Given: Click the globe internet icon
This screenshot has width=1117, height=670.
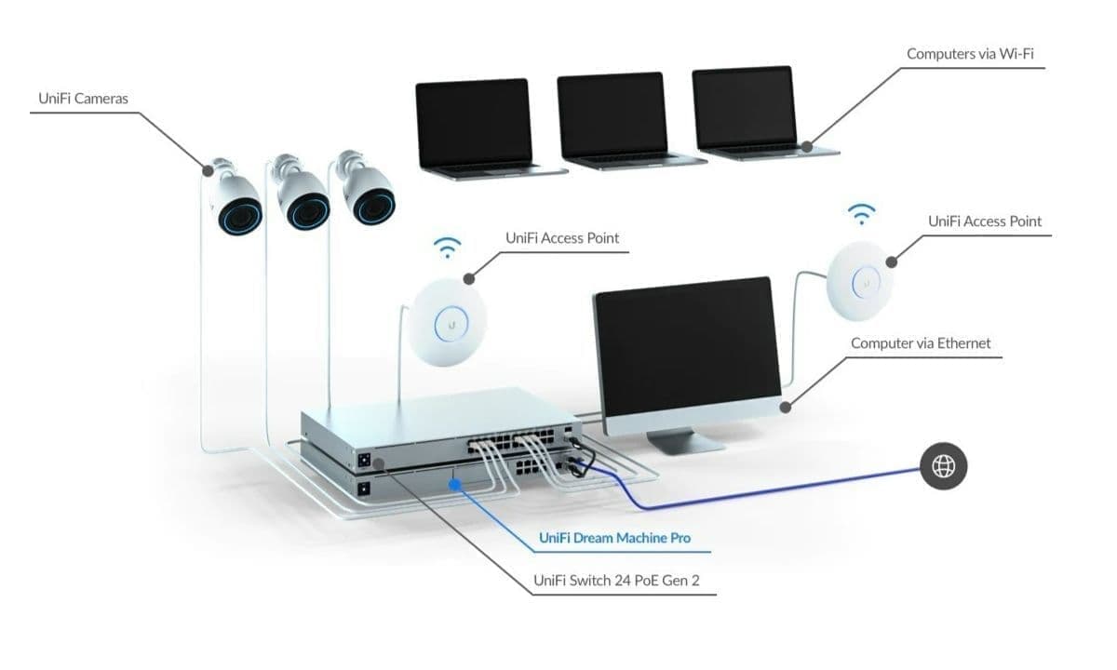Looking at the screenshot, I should point(944,466).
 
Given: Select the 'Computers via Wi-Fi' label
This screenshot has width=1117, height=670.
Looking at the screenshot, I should point(970,54).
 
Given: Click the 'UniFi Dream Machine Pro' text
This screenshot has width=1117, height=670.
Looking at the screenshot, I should point(614,538).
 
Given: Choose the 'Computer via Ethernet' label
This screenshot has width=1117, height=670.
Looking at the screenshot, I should point(921,343).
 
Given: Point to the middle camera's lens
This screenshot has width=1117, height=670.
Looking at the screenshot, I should point(305,212).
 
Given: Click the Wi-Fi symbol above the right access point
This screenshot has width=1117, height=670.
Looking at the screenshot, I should point(862,215).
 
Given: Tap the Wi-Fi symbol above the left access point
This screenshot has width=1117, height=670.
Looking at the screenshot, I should point(449,248).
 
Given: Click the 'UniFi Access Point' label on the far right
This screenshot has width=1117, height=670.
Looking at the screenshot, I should point(985,221).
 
